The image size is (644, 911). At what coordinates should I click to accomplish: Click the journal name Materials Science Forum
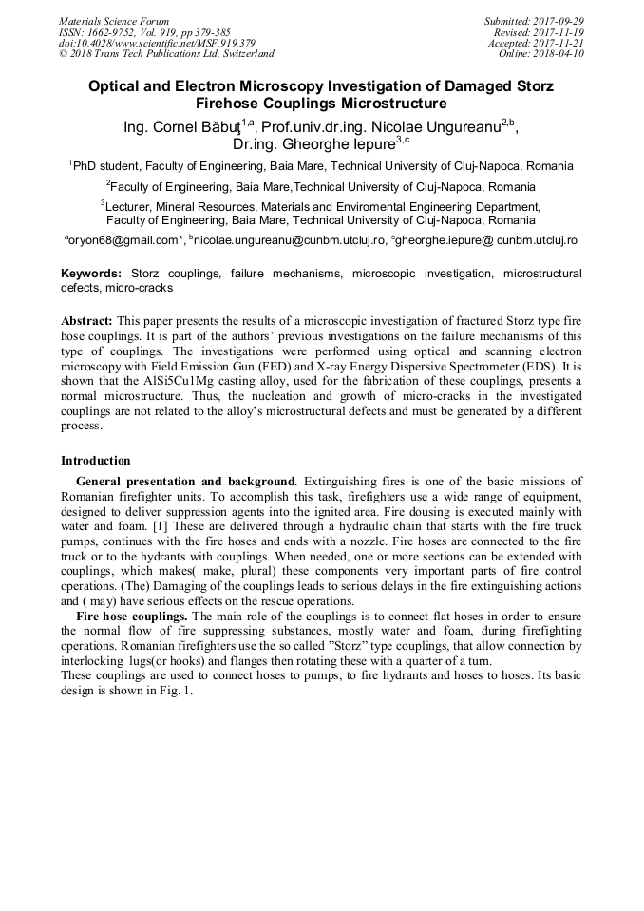coord(114,21)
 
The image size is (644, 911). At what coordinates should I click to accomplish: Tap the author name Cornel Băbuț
coord(199,126)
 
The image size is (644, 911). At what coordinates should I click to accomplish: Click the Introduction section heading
coord(95,461)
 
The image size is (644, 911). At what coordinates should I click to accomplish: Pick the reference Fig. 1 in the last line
coord(177,691)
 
